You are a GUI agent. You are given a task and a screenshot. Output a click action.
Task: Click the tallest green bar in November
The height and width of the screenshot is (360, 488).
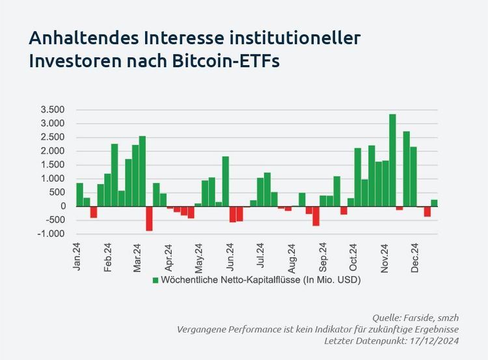pos(392,160)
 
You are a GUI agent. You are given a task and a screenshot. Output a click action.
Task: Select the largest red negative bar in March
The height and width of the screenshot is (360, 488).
pos(149,218)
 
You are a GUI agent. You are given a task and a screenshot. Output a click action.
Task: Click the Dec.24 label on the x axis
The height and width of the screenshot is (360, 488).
pos(414,257)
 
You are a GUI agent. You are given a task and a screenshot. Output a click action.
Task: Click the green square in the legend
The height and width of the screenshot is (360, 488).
pos(156,280)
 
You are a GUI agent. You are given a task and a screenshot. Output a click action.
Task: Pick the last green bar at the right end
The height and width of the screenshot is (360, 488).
pos(434,202)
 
